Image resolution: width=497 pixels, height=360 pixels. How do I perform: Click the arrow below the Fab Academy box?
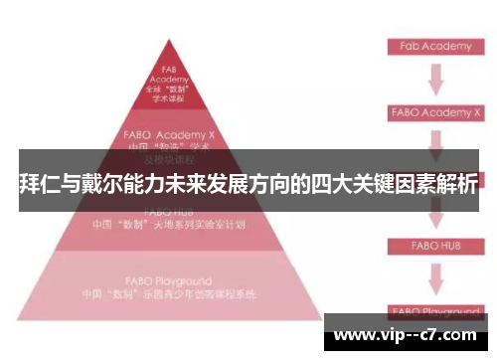click(x=434, y=80)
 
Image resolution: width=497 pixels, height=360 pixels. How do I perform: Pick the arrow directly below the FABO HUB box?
click(x=434, y=273)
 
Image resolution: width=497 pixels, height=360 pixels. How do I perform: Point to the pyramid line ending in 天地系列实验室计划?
click(x=169, y=225)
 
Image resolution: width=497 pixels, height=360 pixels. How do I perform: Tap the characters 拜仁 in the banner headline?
click(x=36, y=185)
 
